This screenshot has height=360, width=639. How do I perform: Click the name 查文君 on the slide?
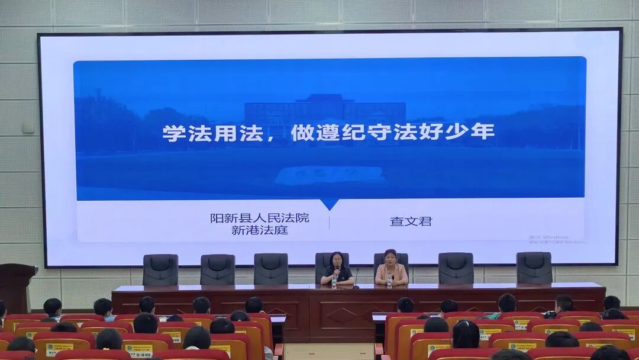(x=411, y=221)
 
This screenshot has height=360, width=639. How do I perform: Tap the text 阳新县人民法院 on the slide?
(x=259, y=218)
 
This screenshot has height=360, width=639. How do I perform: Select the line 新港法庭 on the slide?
(x=259, y=230)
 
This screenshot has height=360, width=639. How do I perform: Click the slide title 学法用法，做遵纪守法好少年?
(x=328, y=133)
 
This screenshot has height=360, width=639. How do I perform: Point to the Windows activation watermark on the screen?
(x=557, y=239)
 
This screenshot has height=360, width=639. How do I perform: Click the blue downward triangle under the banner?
(x=329, y=204)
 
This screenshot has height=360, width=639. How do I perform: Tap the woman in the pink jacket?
(x=390, y=270)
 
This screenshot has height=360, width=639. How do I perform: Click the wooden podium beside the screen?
(x=16, y=287)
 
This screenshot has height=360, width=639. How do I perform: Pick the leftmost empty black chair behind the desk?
(x=160, y=269)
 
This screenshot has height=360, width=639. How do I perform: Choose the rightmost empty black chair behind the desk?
(x=534, y=268)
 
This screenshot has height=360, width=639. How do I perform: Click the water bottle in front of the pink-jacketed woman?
(x=389, y=281)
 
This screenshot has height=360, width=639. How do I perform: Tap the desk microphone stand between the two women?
(x=356, y=278)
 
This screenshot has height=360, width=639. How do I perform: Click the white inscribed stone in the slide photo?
(x=329, y=175)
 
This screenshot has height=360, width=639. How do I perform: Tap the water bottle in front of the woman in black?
(x=334, y=281)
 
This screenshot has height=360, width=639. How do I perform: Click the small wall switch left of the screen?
(x=28, y=127)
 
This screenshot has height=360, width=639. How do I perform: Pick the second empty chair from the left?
(x=217, y=269)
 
